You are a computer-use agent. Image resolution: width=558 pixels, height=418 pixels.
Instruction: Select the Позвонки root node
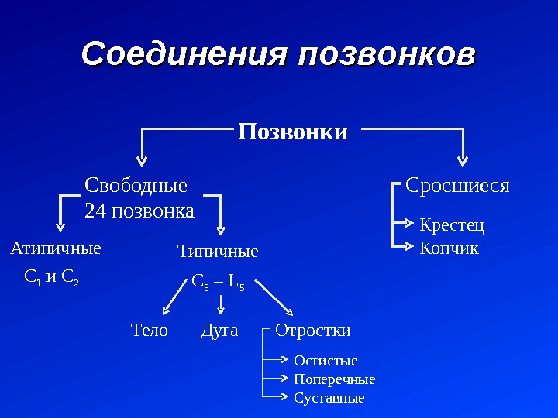pyautogui.click(x=293, y=132)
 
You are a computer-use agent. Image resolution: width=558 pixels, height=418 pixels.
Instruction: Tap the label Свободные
pyautogui.click(x=136, y=186)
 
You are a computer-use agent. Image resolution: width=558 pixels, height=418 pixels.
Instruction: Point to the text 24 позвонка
pyautogui.click(x=139, y=211)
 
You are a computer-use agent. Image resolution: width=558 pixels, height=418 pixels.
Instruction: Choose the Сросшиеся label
pyautogui.click(x=458, y=186)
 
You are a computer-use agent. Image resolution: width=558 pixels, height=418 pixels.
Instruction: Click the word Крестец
pyautogui.click(x=451, y=225)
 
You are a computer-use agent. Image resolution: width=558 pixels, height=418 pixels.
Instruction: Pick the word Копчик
pyautogui.click(x=449, y=248)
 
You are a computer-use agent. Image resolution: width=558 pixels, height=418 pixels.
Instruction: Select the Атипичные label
pyautogui.click(x=55, y=249)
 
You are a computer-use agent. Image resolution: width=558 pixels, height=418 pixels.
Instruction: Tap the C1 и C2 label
pyautogui.click(x=52, y=276)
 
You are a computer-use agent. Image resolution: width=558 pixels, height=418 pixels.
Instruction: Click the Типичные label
pyautogui.click(x=218, y=252)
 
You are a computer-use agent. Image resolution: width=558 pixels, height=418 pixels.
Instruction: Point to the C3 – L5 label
pyautogui.click(x=218, y=286)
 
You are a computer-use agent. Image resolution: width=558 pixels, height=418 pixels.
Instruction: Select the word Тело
pyautogui.click(x=150, y=331)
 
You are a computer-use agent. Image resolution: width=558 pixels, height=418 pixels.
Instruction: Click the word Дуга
pyautogui.click(x=219, y=331)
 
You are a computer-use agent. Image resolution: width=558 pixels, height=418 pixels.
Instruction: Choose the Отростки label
pyautogui.click(x=313, y=331)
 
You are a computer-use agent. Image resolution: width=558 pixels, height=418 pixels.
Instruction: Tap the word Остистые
pyautogui.click(x=325, y=361)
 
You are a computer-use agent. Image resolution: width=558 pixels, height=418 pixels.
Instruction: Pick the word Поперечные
pyautogui.click(x=334, y=379)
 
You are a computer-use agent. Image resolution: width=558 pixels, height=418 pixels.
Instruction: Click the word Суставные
pyautogui.click(x=329, y=398)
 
